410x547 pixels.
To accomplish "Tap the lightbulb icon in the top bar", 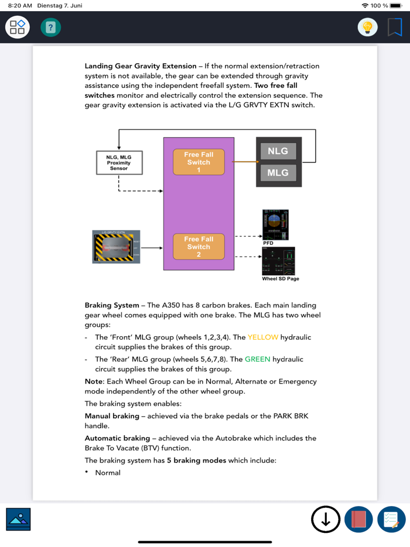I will [368, 27].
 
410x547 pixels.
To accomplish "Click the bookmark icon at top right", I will [395, 27].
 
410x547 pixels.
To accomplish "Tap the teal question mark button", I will [51, 27].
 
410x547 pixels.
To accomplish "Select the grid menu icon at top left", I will [18, 27].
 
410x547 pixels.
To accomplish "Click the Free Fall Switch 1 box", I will [199, 162].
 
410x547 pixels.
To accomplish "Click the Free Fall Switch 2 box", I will [199, 247].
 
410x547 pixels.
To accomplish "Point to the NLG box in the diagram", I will [278, 151].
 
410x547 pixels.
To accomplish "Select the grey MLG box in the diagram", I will [278, 173].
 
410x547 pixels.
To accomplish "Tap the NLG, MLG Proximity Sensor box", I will [119, 163].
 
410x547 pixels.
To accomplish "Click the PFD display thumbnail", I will [275, 225].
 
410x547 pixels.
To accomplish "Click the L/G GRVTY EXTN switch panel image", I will [117, 247].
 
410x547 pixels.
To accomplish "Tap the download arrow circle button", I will [326, 519].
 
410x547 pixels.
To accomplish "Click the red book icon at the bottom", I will [358, 519].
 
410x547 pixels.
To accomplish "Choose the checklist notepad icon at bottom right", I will [391, 519].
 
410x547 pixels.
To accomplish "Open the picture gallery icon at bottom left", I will [19, 519].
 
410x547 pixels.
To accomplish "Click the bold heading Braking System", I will [112, 305].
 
